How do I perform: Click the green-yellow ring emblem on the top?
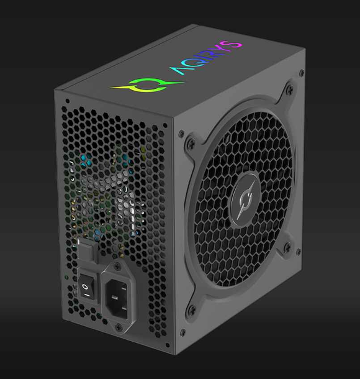(x=141, y=87)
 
